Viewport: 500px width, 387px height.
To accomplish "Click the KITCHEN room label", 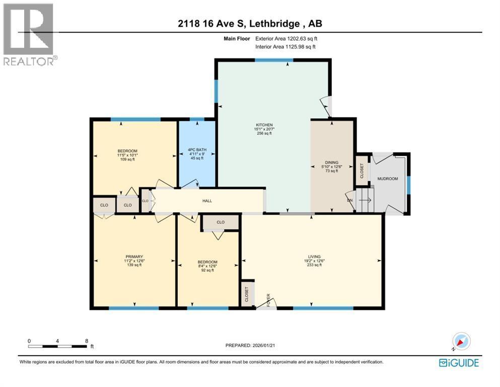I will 263,125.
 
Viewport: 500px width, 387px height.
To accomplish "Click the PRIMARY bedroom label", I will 134,256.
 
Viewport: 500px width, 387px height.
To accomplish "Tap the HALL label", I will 207,201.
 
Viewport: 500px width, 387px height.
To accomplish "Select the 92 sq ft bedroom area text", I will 207,271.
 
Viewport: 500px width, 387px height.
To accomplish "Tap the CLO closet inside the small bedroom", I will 220,222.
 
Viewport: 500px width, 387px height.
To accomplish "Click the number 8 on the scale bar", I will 87,341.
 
